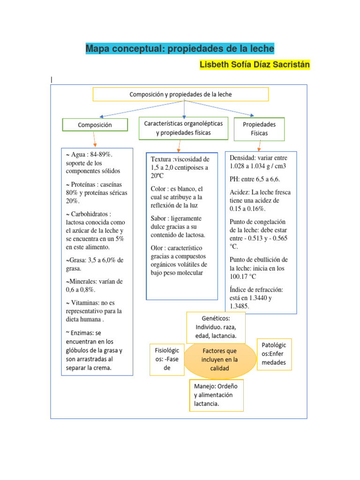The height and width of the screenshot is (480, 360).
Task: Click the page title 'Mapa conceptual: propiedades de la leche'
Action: pyautogui.click(x=180, y=49)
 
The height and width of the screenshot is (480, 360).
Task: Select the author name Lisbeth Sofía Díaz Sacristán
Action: pyautogui.click(x=255, y=64)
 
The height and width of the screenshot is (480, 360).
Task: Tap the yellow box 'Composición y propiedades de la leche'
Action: pyautogui.click(x=180, y=94)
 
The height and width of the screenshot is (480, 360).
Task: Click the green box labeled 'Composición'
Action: pyautogui.click(x=95, y=125)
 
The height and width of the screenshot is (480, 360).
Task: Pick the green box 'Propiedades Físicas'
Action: pyautogui.click(x=259, y=129)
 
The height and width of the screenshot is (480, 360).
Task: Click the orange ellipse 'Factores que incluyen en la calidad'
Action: pyautogui.click(x=219, y=360)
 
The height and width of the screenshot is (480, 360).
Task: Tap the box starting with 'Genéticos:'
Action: pyautogui.click(x=216, y=327)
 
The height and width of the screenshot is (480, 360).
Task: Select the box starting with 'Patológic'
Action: pyautogui.click(x=274, y=354)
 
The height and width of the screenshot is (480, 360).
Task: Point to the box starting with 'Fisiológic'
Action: pyautogui.click(x=166, y=360)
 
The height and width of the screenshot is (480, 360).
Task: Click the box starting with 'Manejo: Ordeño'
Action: pyautogui.click(x=216, y=395)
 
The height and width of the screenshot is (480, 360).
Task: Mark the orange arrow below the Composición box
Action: pyautogui.click(x=94, y=139)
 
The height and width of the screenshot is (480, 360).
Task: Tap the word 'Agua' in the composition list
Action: pyautogui.click(x=79, y=154)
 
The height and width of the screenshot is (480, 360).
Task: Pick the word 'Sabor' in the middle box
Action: pyautogui.click(x=159, y=218)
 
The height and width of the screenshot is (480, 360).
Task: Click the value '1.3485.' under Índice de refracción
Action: pyautogui.click(x=239, y=306)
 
